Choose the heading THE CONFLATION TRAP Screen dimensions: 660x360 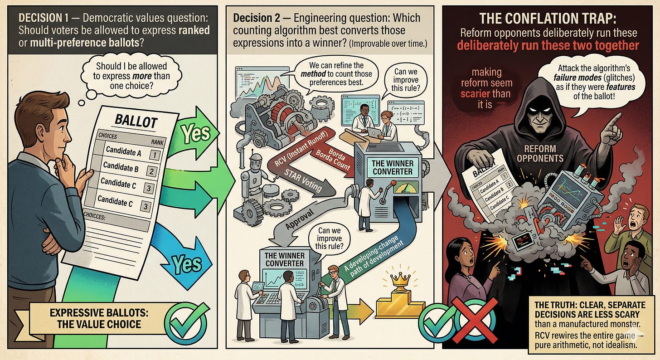click(549, 19)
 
